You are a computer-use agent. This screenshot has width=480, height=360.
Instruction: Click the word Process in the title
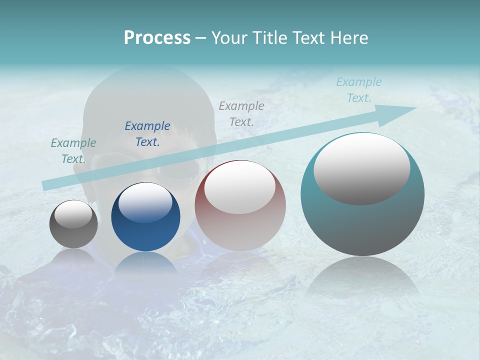[x=157, y=38]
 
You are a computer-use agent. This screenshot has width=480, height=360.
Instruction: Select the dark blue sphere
[x=145, y=230]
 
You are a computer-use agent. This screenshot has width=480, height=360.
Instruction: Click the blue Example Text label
[x=147, y=134]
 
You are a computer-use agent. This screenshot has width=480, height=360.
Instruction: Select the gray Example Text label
[x=241, y=113]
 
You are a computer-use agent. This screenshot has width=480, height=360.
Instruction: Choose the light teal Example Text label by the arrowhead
[x=359, y=90]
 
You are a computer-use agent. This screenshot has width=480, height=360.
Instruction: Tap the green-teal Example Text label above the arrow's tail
[x=73, y=151]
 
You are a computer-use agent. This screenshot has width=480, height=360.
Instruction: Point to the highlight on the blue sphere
[x=145, y=202]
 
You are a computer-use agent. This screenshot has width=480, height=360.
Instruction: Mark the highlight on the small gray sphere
[x=73, y=214]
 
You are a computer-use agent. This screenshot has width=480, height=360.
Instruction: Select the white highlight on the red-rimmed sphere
[x=239, y=187]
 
